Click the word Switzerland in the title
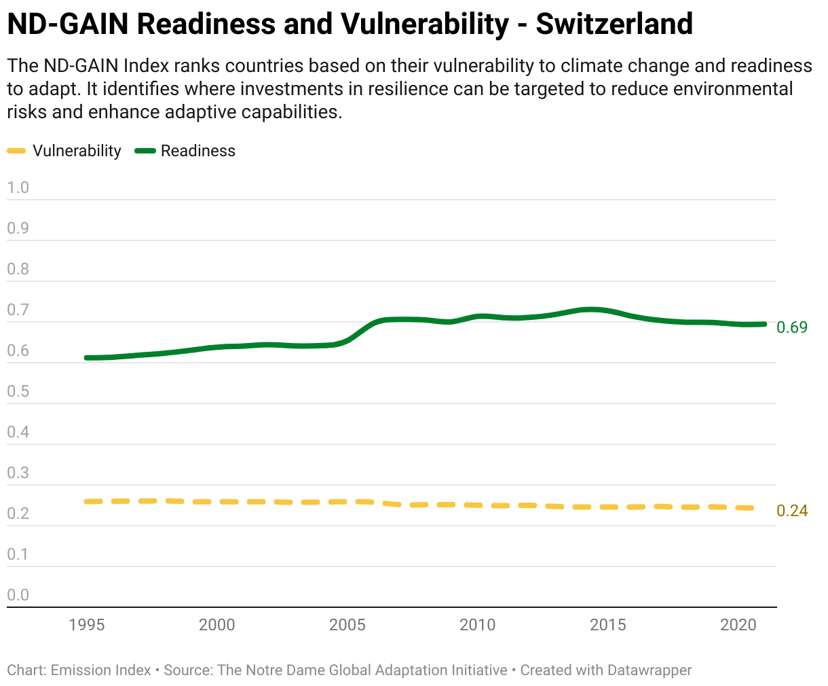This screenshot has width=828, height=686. [x=614, y=24]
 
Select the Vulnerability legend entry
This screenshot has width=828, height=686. [x=64, y=151]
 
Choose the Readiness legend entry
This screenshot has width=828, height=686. [x=185, y=151]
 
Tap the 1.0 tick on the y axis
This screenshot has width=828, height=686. [x=18, y=187]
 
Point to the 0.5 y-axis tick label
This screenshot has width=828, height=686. [x=18, y=391]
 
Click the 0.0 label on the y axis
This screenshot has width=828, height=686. [x=18, y=595]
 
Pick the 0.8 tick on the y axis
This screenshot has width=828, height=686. [x=18, y=269]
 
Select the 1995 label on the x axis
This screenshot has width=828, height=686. [x=86, y=625]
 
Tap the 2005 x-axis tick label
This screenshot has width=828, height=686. [x=347, y=625]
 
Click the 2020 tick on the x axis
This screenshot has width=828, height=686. [x=738, y=625]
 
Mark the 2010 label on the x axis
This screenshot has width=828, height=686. [x=477, y=625]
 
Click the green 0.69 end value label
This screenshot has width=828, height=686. [x=792, y=327]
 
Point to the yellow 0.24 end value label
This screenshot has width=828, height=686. [x=792, y=511]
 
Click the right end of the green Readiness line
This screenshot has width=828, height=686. [x=764, y=325]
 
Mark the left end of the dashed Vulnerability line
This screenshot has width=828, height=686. [x=87, y=502]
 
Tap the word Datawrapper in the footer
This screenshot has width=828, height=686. [x=650, y=670]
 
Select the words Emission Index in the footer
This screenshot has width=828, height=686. [x=100, y=670]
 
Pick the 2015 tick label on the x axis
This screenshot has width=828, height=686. [x=608, y=625]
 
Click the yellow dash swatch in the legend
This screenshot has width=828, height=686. [x=16, y=151]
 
